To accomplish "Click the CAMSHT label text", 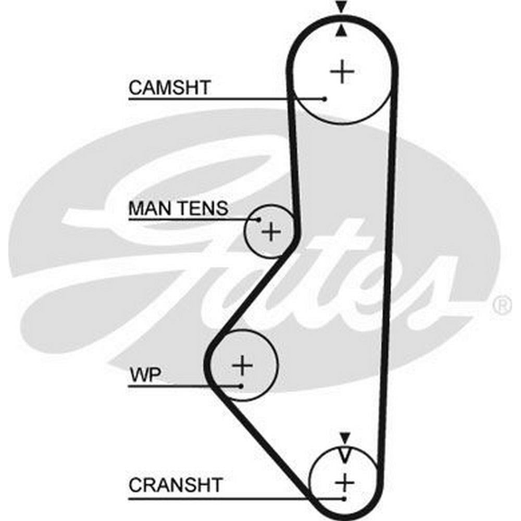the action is click(x=169, y=88).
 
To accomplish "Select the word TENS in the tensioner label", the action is click(x=204, y=208).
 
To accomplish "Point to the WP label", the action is click(x=145, y=375).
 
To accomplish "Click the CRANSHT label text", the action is click(x=176, y=485).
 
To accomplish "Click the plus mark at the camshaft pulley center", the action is click(x=342, y=71).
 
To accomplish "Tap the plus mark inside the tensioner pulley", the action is click(x=271, y=232).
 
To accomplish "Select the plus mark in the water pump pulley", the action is click(x=243, y=365).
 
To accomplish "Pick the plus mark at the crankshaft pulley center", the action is click(x=344, y=482).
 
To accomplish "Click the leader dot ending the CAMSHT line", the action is click(x=325, y=98).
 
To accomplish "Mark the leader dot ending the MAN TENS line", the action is click(x=258, y=220).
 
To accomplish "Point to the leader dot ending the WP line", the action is click(x=241, y=386).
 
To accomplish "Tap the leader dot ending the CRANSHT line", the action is click(x=344, y=499).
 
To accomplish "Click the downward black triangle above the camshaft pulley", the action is click(x=341, y=6).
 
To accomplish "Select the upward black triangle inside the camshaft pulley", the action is click(x=341, y=31).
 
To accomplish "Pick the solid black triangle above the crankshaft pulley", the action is click(x=345, y=438).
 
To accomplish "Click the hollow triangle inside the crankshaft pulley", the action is click(x=345, y=454).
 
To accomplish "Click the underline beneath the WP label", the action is click(x=184, y=386).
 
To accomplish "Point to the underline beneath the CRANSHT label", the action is click(x=236, y=499).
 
